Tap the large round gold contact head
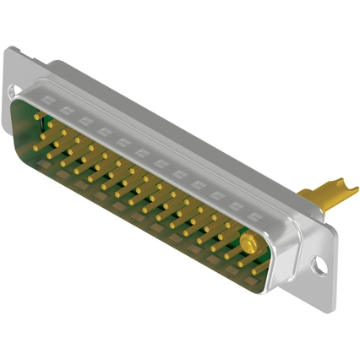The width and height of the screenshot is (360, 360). pos(248,245)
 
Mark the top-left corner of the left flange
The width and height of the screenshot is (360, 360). pos(8,51)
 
